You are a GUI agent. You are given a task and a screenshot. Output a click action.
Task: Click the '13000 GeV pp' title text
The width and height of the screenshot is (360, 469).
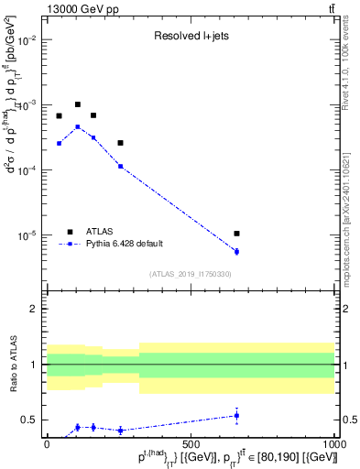[80, 9]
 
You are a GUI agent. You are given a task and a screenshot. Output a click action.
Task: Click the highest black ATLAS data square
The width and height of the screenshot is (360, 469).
[78, 104]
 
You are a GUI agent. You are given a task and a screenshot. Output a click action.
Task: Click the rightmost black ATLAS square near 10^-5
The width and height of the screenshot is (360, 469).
[236, 234]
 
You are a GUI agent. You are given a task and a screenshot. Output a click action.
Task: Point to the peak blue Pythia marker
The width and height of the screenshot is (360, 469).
[78, 126]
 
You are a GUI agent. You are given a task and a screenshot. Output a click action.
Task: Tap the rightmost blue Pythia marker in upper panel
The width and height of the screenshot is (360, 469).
[236, 252]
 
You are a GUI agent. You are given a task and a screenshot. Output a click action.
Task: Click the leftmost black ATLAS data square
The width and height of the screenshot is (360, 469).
[59, 116]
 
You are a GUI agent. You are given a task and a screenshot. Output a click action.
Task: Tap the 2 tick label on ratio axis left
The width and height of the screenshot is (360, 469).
[34, 309]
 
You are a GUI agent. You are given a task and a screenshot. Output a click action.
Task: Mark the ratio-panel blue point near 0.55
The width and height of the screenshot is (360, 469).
[236, 415]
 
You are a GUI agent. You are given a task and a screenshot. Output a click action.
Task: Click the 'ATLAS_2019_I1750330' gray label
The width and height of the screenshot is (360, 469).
[190, 274]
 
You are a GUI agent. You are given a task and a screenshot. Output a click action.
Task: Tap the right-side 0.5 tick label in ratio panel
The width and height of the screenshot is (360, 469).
[348, 420]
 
